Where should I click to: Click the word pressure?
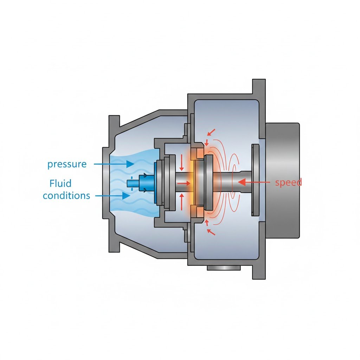(x=67, y=164)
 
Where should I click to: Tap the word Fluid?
(x=60, y=183)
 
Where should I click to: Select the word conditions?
(x=66, y=195)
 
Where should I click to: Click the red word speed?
(x=288, y=182)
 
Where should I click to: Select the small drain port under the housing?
(x=224, y=268)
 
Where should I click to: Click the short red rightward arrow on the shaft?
(x=184, y=183)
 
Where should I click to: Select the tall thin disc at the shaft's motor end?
(x=255, y=180)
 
